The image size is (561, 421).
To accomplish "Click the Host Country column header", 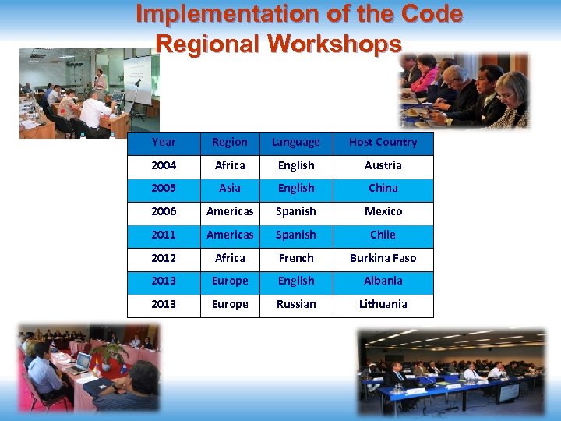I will [x=383, y=143].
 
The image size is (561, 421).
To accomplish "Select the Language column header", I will [x=295, y=143].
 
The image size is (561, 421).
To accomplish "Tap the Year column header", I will [x=164, y=143].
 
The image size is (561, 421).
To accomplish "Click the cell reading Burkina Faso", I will [x=383, y=258].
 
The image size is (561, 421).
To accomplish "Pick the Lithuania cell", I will [x=383, y=304].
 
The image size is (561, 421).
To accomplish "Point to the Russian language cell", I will [x=296, y=304].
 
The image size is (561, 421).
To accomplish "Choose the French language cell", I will [x=296, y=258].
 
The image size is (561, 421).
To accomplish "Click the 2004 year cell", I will [x=164, y=165].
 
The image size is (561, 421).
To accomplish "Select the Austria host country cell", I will [x=383, y=165].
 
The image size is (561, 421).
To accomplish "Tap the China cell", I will [x=383, y=189].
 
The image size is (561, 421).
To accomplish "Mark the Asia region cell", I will [x=230, y=189].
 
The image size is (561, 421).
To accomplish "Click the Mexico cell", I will [x=383, y=211].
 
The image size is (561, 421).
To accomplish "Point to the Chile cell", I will [x=383, y=235].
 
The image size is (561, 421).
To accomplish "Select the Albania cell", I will [x=383, y=281].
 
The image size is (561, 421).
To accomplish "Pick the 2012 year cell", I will [x=164, y=258].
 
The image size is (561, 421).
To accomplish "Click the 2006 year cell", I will [x=164, y=211].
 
